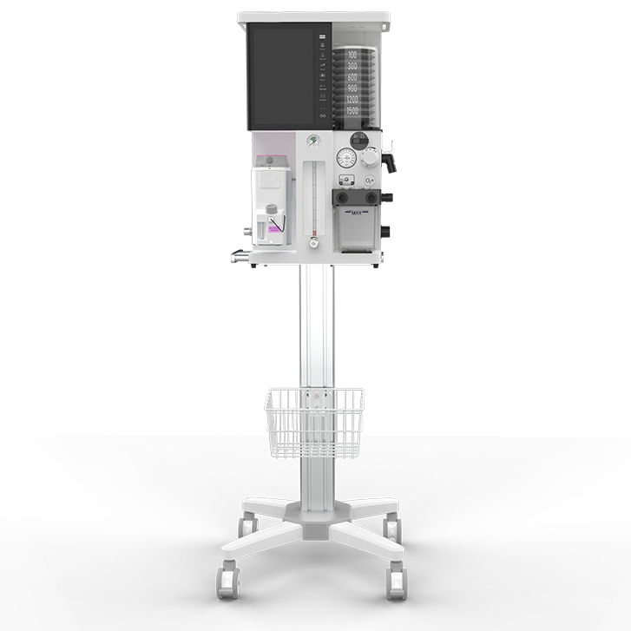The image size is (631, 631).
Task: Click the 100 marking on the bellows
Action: (352, 54)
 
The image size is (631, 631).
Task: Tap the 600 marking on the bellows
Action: (352, 77)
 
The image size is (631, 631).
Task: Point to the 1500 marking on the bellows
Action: (352, 111)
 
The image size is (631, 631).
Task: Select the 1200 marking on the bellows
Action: (352, 100)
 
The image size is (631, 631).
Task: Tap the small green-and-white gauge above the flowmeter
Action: (313, 141)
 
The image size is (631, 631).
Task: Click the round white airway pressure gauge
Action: (346, 158)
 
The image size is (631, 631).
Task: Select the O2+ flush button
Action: (371, 181)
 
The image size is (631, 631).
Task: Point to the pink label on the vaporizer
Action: (277, 227)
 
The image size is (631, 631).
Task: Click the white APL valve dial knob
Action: (371, 159)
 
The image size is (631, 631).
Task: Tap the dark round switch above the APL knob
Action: (358, 139)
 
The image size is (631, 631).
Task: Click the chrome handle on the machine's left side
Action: (238, 254)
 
